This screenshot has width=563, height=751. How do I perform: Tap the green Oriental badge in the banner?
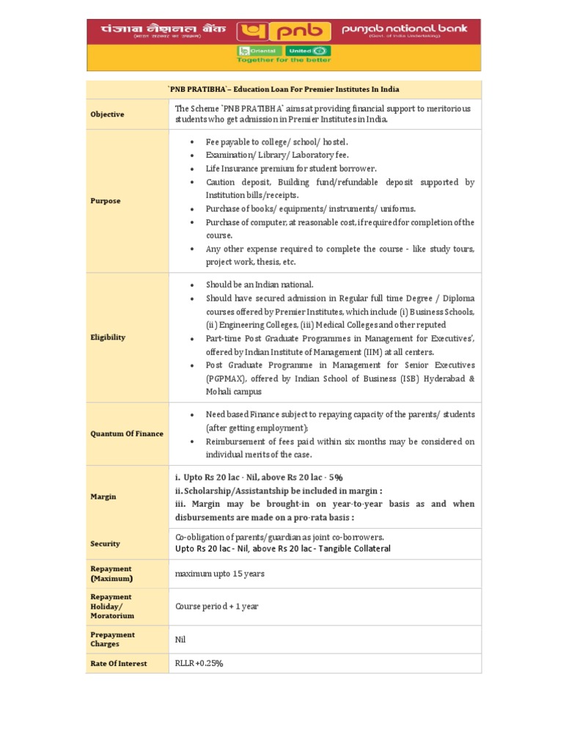(x=257, y=51)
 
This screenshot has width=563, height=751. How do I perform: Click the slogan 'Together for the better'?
(x=283, y=61)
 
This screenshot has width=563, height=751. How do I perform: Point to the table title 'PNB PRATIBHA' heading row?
(x=284, y=89)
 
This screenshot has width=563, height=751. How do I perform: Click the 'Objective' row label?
(x=107, y=114)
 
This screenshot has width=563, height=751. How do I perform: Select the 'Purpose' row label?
(x=106, y=201)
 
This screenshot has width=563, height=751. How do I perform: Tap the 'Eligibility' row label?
(x=108, y=337)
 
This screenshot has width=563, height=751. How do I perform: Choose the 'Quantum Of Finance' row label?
(x=127, y=433)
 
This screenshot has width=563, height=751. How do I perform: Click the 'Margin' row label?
(x=103, y=497)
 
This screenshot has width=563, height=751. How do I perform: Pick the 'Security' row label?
(x=105, y=543)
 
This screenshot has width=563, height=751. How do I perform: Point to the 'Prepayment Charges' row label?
(x=112, y=639)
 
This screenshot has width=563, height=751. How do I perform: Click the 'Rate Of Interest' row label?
(x=119, y=663)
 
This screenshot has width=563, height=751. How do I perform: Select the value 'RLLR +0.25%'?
(x=199, y=663)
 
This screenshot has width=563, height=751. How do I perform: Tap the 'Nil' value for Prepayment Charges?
(x=180, y=639)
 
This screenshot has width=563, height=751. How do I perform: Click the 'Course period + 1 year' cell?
(x=216, y=607)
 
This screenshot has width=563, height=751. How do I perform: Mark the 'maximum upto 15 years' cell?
(x=220, y=574)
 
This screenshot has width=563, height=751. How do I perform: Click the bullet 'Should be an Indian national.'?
(x=260, y=285)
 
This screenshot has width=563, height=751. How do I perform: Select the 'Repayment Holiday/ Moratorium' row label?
(x=111, y=607)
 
